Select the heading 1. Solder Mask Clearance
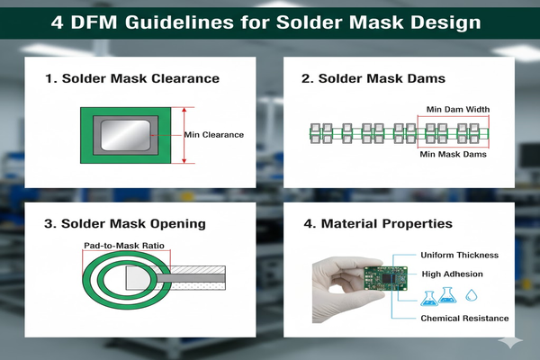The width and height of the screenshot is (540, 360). click(x=133, y=78)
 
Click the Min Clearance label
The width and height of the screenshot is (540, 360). click(x=214, y=135)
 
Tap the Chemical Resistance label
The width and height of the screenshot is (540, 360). click(x=464, y=319)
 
